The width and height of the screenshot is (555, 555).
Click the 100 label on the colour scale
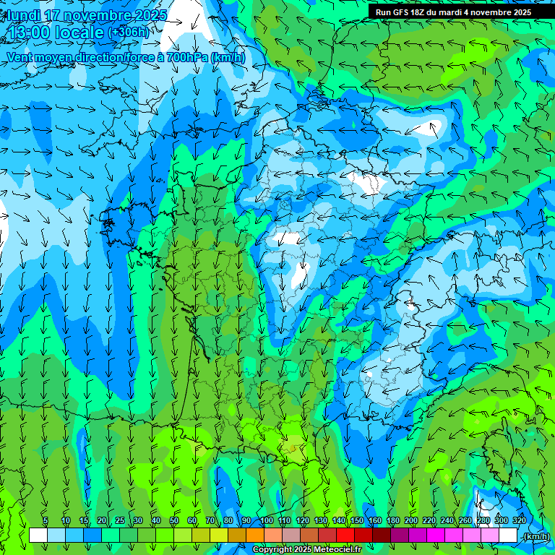[x=267, y=521]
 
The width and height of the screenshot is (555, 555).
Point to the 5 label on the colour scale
[x=46, y=521]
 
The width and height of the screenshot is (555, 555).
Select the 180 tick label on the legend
[x=393, y=521]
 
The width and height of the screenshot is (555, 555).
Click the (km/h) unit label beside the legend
[x=535, y=536]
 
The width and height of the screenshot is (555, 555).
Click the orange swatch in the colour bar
[x=255, y=535]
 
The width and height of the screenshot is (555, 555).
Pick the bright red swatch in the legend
[x=345, y=535]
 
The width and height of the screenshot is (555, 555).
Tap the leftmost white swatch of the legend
[x=38, y=535]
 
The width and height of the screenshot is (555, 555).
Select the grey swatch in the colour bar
[x=291, y=535]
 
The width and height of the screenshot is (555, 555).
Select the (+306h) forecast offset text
[x=129, y=33]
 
